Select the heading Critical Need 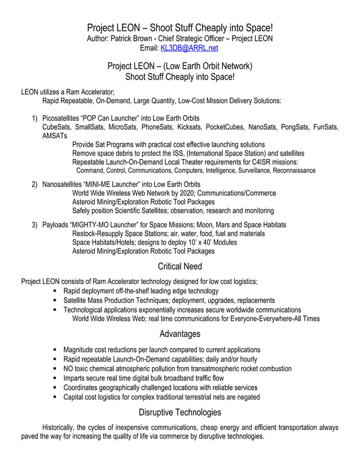click(180, 266)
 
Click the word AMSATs click(55, 136)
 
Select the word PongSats click(295, 127)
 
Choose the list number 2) click(34, 184)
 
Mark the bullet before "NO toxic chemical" click(55, 369)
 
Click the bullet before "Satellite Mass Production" click(55, 301)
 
